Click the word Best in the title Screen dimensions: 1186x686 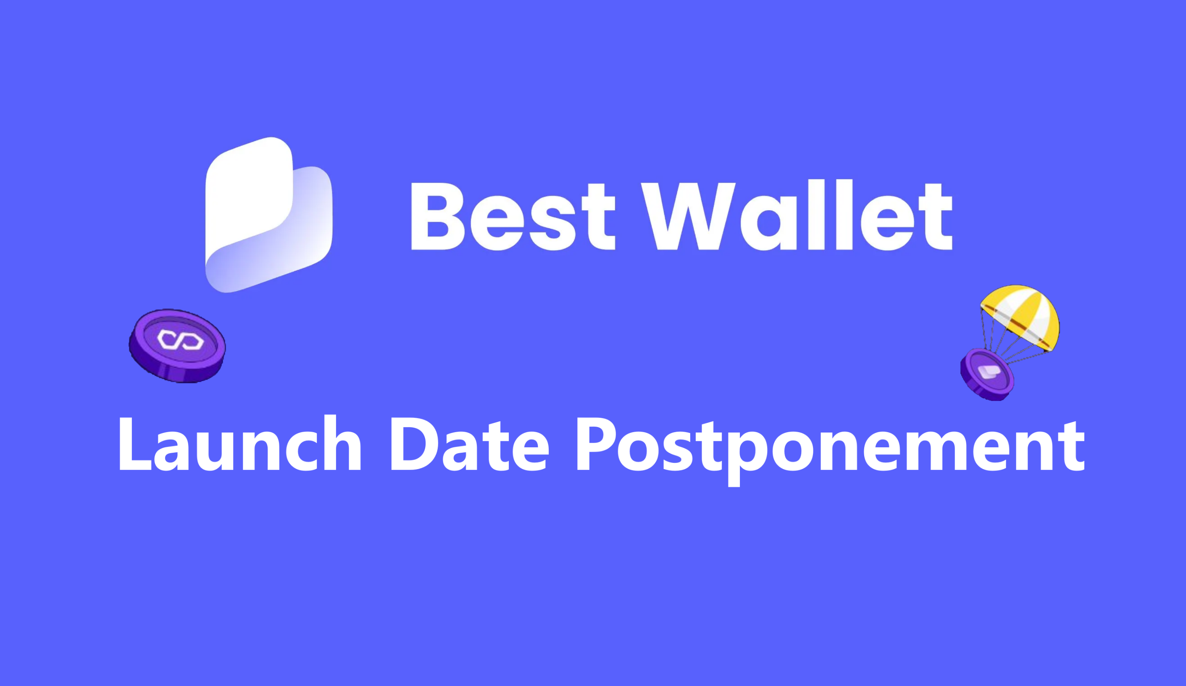pos(513,216)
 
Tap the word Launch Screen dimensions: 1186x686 pos(239,443)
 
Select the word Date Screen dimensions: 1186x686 pos(470,444)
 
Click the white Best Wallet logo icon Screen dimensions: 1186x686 pos(269,215)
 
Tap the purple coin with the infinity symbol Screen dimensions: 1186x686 pos(177,345)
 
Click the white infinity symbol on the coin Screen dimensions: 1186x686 pos(180,340)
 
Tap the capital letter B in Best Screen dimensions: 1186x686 pos(438,216)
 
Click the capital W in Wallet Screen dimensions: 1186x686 pos(688,216)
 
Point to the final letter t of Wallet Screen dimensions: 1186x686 pos(936,216)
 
